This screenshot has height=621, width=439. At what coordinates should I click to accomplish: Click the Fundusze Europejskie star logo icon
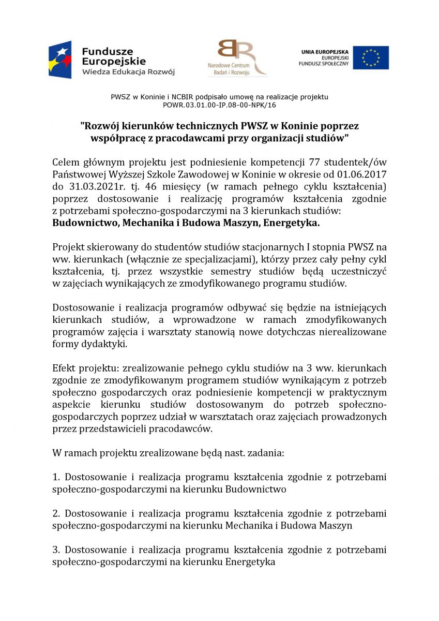click(x=60, y=60)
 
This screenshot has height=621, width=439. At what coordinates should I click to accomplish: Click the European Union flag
click(x=371, y=57)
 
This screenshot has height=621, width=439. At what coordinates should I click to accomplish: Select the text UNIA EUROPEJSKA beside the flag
click(x=325, y=52)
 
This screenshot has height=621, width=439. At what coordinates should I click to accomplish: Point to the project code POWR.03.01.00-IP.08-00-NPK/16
click(x=220, y=105)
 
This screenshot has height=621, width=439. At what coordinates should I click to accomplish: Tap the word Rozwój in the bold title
click(x=103, y=126)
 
